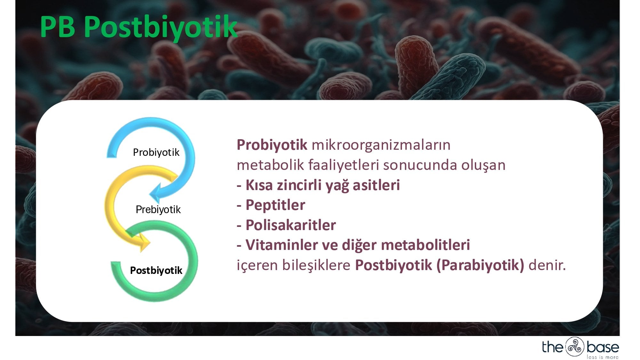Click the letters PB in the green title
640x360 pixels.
58,27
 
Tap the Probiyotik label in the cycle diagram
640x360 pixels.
156,152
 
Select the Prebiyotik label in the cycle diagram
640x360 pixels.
158,210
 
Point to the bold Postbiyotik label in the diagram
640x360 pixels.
156,270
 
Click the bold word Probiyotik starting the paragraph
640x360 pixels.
272,145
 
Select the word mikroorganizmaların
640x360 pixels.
381,145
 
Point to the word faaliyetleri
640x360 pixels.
344,165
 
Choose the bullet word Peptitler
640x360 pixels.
275,205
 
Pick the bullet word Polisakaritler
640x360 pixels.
291,225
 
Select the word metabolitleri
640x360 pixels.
425,245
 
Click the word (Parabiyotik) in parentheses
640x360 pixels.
480,265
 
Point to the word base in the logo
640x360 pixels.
603,347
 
